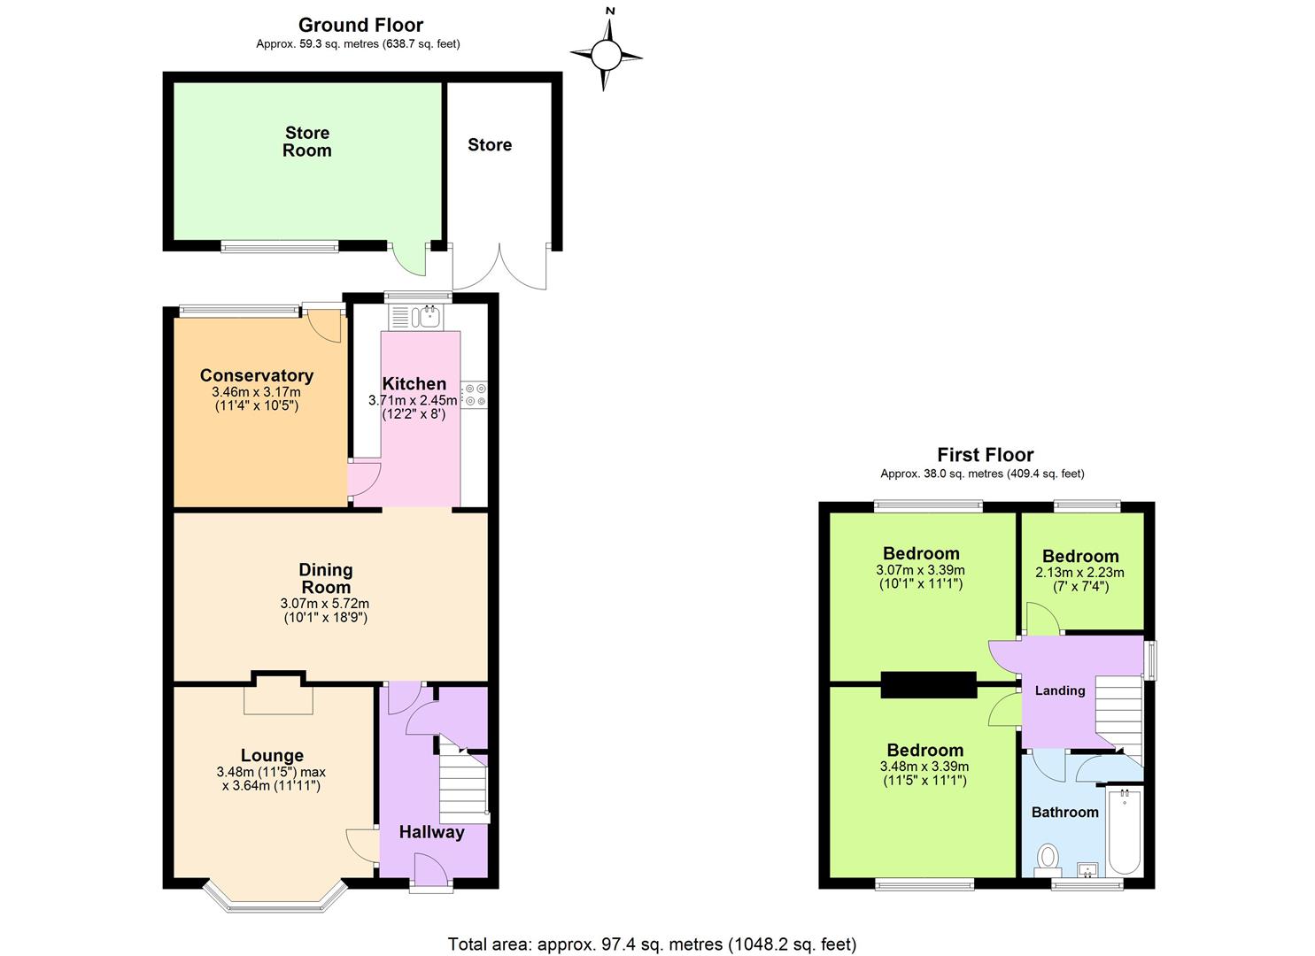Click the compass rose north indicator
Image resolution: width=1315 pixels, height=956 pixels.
(x=607, y=54)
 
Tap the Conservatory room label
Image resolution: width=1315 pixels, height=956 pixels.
(x=256, y=375)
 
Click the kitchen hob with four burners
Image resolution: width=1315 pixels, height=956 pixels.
(x=475, y=394)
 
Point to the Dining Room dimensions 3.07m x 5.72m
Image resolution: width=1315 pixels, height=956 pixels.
(x=325, y=604)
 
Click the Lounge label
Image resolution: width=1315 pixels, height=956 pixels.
(x=272, y=755)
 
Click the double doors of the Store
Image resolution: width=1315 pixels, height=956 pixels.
(x=500, y=266)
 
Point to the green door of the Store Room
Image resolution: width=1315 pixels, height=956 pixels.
(x=410, y=258)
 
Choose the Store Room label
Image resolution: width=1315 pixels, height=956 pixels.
(x=307, y=142)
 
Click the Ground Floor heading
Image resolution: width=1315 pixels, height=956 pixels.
(x=360, y=25)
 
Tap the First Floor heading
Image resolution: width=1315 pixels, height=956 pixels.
(x=985, y=455)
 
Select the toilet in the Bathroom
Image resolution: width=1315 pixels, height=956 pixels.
(x=1048, y=857)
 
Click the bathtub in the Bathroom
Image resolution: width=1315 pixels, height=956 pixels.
(x=1125, y=832)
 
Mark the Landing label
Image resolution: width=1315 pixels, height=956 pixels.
(x=1059, y=690)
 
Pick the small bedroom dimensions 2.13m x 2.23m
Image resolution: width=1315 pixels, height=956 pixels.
(x=1079, y=573)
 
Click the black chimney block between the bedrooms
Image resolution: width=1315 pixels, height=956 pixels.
(x=928, y=685)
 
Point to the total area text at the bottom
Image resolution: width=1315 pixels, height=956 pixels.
(x=652, y=944)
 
